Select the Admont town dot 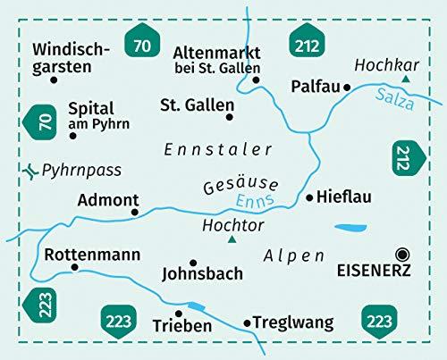135,212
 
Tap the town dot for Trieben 179,313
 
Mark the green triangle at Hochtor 232,239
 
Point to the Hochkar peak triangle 406,80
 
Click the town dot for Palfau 347,88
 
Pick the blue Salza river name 396,98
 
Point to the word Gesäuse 240,183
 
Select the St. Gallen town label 197,105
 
